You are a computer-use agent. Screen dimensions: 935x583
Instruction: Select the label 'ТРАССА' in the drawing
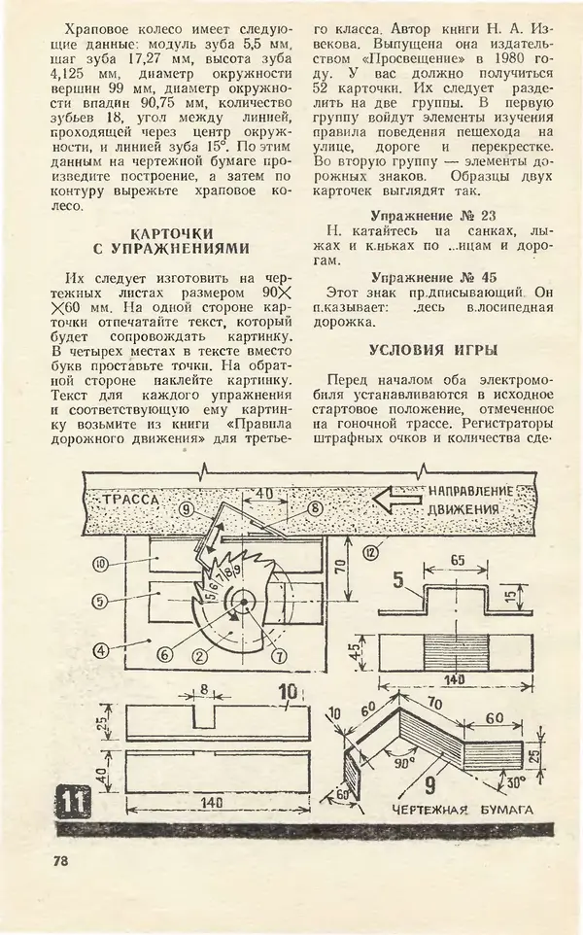coord(129,498)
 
